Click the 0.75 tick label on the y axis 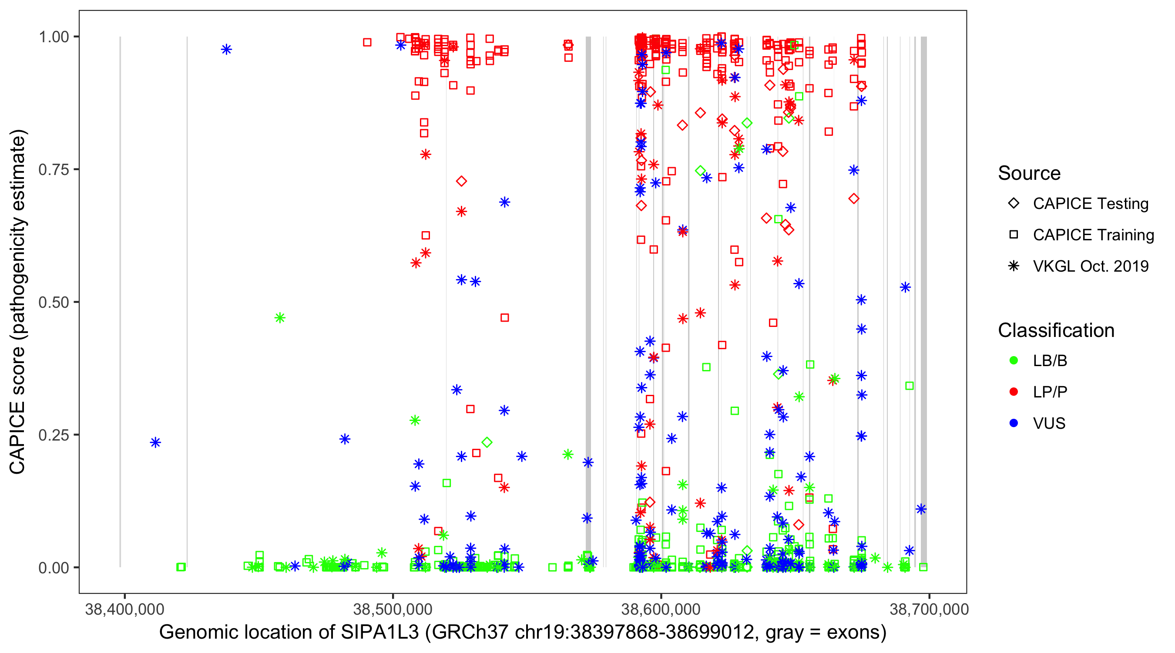pos(53,170)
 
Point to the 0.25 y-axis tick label pos(53,435)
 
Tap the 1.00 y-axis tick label pos(53,37)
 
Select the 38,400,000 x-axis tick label pos(124,609)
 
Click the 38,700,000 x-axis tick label pos(929,609)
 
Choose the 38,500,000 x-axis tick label pos(393,609)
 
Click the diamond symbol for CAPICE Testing pos(1014,204)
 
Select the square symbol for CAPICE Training pos(1014,235)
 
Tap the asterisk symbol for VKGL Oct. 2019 pos(1014,266)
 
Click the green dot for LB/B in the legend pos(1014,360)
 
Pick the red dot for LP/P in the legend pos(1014,392)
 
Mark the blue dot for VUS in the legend pos(1014,423)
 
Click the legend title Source pos(1029,173)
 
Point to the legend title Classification pos(1056,330)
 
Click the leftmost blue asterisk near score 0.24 pos(155,443)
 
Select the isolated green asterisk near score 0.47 pos(280,318)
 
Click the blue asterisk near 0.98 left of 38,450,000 pos(227,49)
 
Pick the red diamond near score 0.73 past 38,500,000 pos(461,181)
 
